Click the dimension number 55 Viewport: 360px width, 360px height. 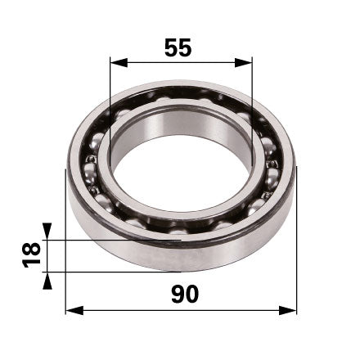[x=178, y=47]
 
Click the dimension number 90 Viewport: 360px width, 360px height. [x=185, y=295]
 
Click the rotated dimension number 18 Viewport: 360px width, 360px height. [x=31, y=254]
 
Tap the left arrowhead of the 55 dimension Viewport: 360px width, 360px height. [x=119, y=63]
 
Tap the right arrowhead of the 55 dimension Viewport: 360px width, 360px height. [x=244, y=63]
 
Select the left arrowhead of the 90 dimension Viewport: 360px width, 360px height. [x=74, y=310]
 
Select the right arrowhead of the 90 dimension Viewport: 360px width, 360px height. [x=287, y=310]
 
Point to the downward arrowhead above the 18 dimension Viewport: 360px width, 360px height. [x=47, y=232]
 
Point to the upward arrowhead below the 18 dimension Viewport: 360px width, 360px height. [x=47, y=281]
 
